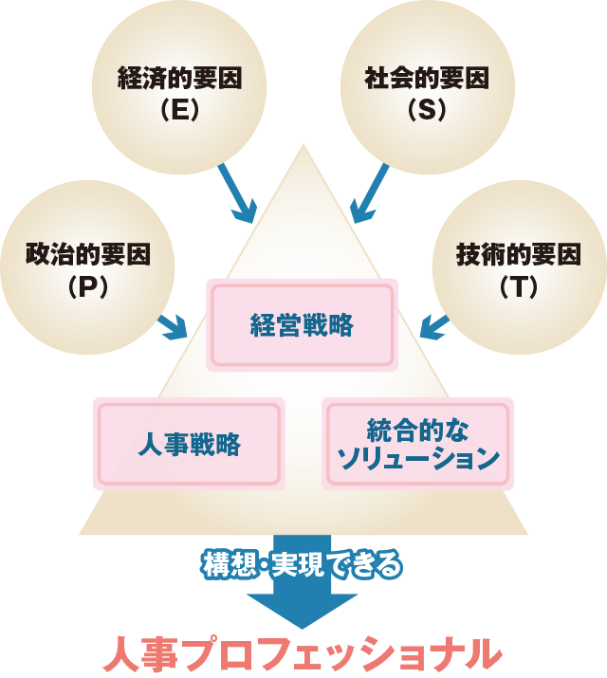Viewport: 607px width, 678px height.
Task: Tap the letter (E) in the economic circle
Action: (179, 110)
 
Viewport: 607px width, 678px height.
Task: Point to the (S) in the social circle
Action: (427, 110)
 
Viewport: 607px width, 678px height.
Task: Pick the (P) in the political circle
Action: (87, 285)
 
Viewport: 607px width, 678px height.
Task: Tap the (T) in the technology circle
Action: (518, 285)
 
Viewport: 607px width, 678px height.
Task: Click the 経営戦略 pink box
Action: (303, 325)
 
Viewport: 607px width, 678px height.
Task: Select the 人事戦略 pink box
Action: (189, 444)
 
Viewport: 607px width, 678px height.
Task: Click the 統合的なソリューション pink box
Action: (418, 444)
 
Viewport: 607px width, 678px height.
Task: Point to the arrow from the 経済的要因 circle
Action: (236, 195)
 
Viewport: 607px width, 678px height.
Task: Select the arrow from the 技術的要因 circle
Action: (434, 327)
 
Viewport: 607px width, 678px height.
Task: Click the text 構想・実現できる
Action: (303, 565)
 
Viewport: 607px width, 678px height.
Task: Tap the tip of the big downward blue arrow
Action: (303, 626)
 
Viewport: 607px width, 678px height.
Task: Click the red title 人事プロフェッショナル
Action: (303, 654)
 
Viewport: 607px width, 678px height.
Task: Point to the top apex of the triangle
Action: (303, 147)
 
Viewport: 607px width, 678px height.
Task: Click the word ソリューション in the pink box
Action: (418, 460)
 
